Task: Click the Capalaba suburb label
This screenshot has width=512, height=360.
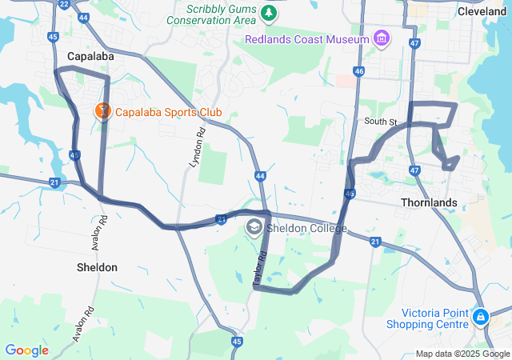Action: click(90, 57)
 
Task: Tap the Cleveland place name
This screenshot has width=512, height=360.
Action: click(482, 11)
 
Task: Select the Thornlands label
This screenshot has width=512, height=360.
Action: click(431, 202)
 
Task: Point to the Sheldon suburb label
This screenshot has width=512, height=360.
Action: click(97, 267)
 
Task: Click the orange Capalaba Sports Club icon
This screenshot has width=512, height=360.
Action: click(103, 112)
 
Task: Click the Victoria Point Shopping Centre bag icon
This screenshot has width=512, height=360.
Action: click(480, 318)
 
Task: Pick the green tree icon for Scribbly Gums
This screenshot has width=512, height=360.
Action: click(270, 14)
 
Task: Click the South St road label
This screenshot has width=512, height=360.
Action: click(381, 122)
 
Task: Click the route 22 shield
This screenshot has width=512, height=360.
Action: click(64, 3)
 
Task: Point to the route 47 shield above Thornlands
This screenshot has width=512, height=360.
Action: click(414, 170)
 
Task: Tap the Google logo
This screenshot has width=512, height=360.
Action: click(26, 350)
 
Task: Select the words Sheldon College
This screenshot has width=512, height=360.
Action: click(307, 229)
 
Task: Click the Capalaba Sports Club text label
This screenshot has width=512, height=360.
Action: click(168, 112)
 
